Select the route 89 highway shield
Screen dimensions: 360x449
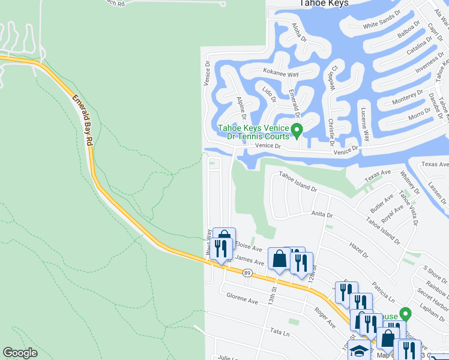(x=247, y=273)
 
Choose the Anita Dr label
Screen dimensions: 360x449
(x=321, y=214)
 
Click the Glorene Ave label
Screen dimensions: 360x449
(x=242, y=298)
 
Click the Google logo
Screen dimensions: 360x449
(x=20, y=353)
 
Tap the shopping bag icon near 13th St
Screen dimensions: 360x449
(x=279, y=259)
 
